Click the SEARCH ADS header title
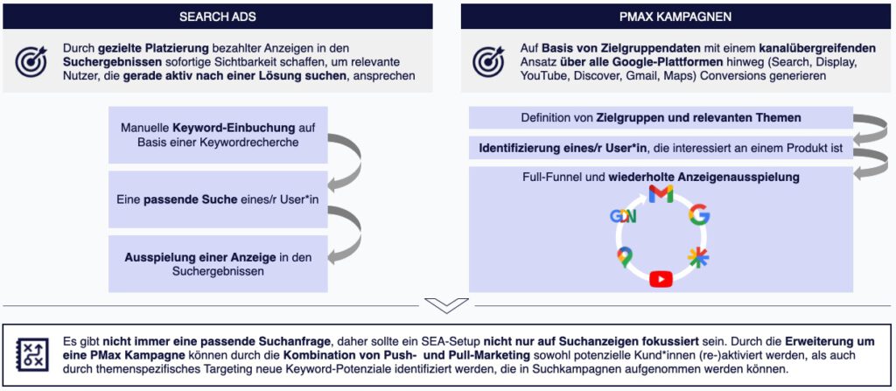click(x=218, y=17)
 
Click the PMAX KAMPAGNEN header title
click(x=675, y=17)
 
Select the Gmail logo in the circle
click(x=661, y=194)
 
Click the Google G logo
click(x=698, y=215)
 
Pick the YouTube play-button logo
click(x=661, y=278)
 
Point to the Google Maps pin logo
click(x=623, y=257)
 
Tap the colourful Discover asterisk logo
click(x=698, y=258)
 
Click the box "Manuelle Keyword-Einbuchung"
click(x=218, y=135)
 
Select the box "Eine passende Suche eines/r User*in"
click(x=218, y=199)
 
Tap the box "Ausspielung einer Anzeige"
click(x=218, y=264)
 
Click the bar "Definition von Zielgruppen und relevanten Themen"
click(x=661, y=118)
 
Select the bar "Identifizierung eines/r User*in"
click(x=661, y=148)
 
